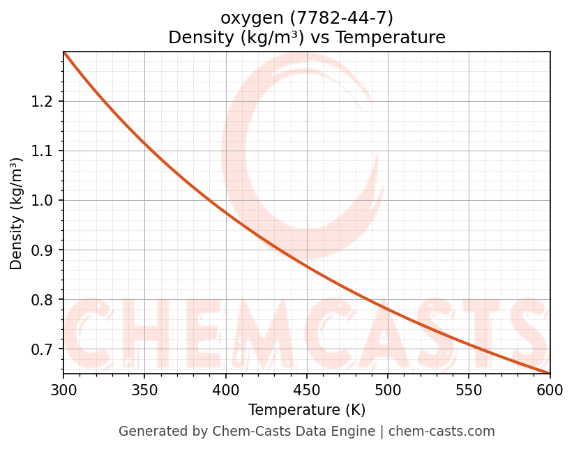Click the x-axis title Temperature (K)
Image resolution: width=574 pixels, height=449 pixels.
[x=307, y=410]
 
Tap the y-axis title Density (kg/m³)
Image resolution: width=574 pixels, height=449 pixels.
[x=16, y=213]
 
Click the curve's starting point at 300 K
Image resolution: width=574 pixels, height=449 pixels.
[x=64, y=53]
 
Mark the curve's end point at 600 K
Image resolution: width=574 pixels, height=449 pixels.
[x=550, y=373]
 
